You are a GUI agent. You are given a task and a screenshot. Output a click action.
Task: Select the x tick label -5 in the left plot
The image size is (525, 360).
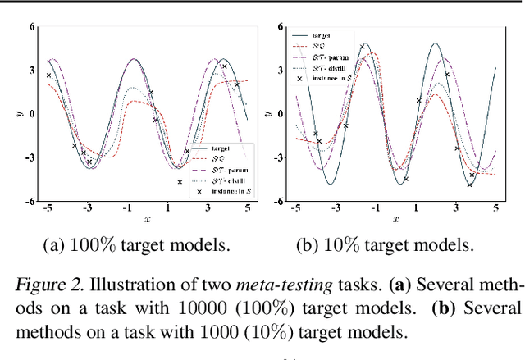click(x=48, y=209)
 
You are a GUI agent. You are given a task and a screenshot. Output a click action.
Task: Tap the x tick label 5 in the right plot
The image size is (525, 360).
click(x=495, y=209)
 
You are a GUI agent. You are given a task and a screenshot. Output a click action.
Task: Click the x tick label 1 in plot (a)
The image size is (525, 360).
click(x=168, y=209)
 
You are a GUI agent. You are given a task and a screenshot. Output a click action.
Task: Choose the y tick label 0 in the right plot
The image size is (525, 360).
click(x=281, y=113)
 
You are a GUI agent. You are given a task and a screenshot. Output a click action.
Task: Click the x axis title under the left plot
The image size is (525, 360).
click(x=148, y=220)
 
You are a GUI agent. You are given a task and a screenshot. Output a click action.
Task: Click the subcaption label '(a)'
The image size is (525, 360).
click(x=54, y=244)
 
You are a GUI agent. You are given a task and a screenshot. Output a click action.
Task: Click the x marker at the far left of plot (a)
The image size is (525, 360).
click(x=48, y=75)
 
